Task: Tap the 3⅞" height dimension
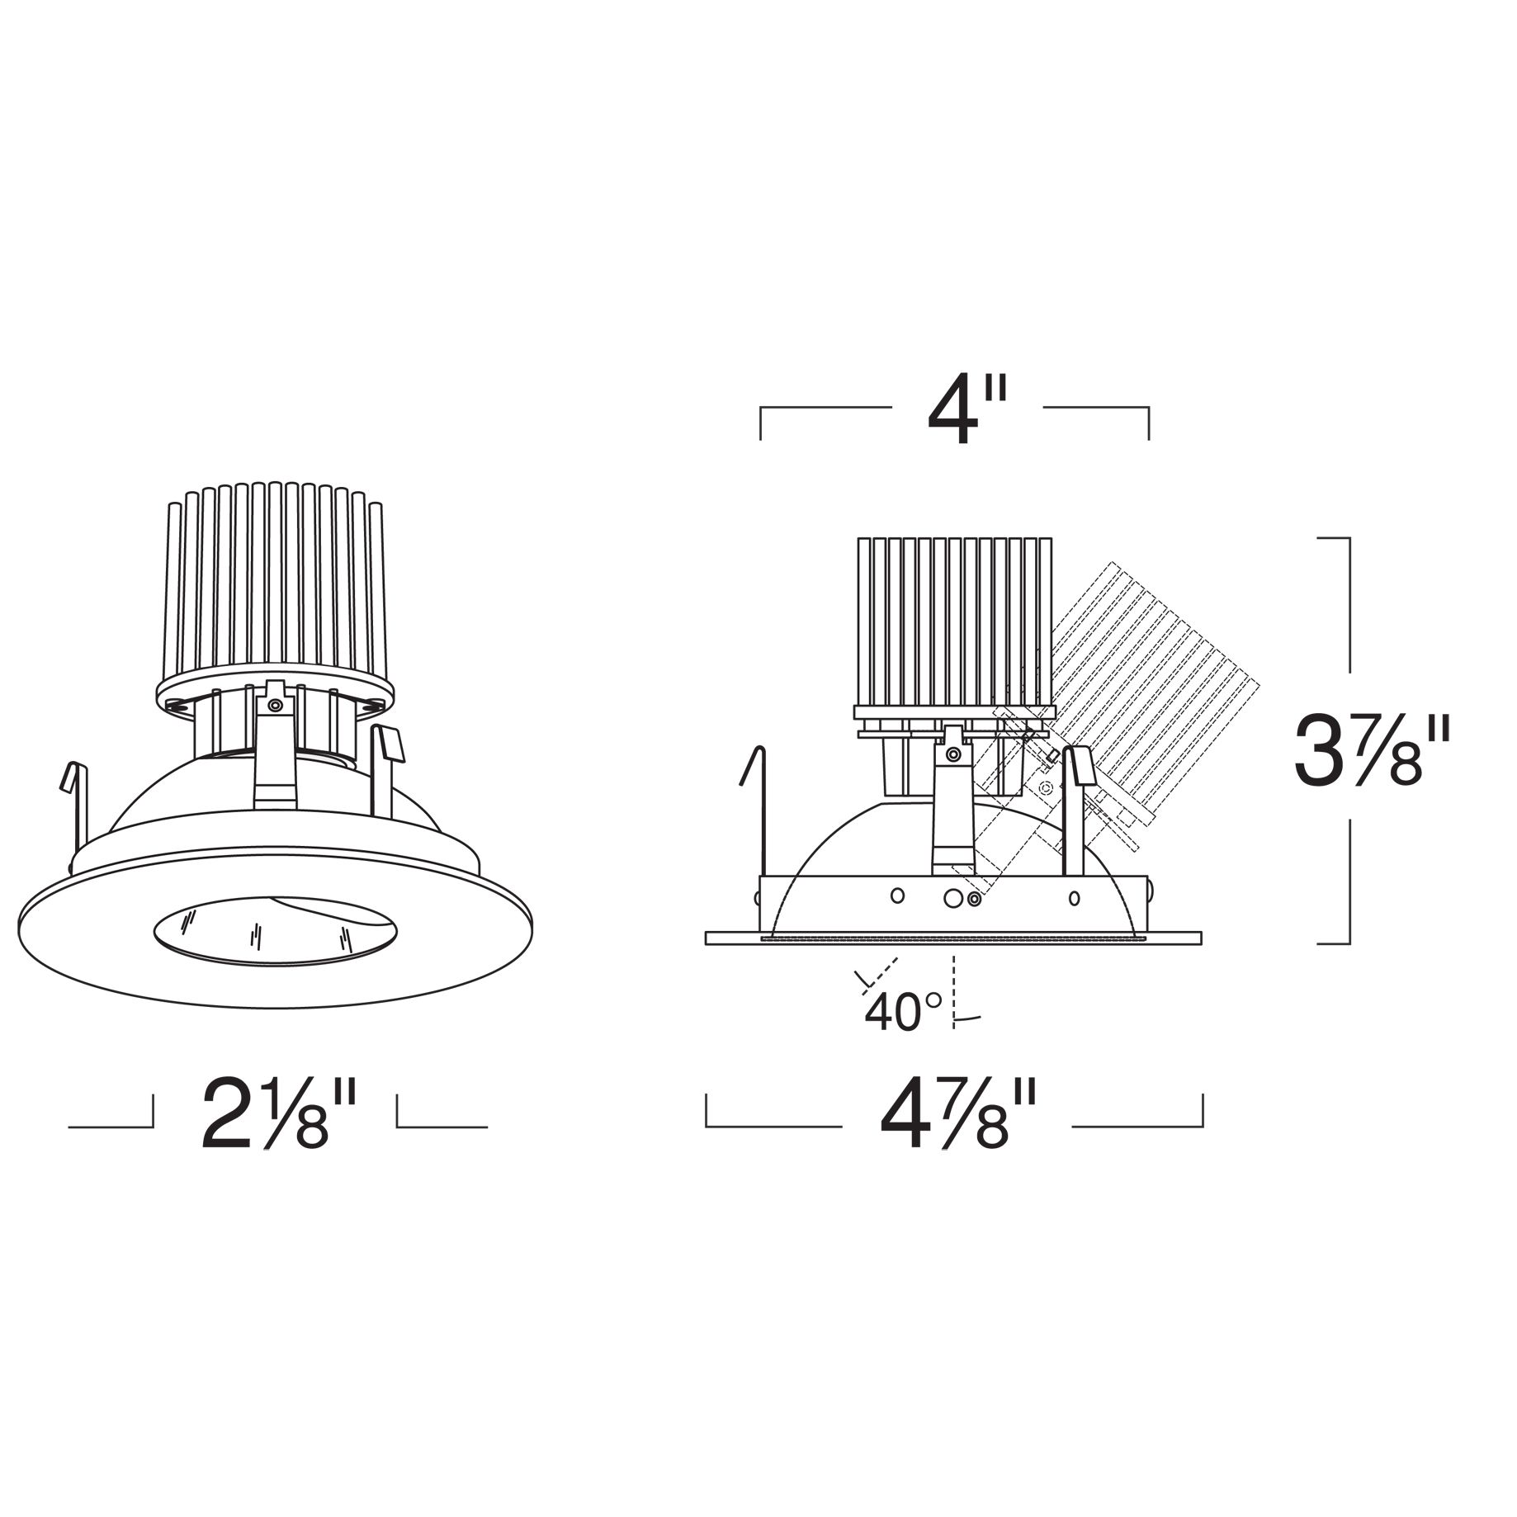coord(1370,753)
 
